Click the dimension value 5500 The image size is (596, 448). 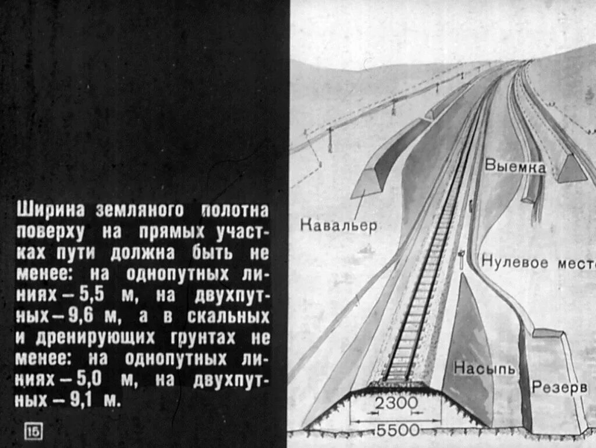point(398,431)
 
